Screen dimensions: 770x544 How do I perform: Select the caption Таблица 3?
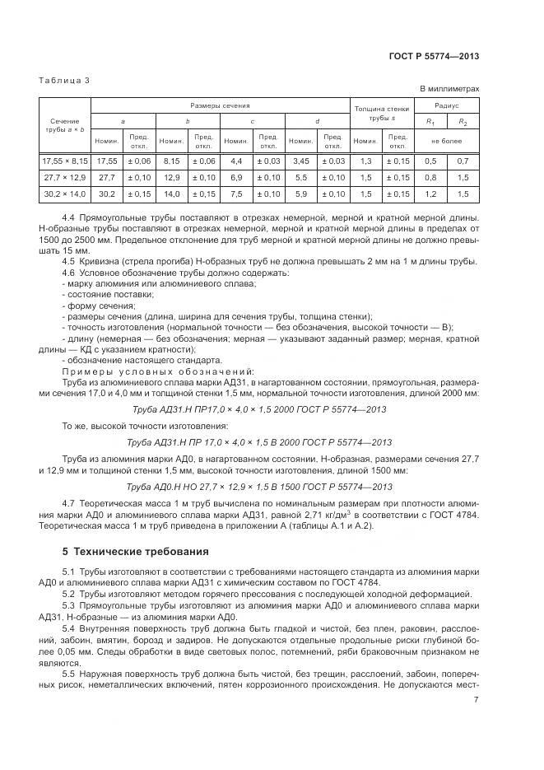(64, 80)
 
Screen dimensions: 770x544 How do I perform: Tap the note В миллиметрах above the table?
(449, 89)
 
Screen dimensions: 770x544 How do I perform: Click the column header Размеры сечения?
(220, 105)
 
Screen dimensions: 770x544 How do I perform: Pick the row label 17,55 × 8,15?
(64, 161)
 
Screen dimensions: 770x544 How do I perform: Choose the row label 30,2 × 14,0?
(64, 194)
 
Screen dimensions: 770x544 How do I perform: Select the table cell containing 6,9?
(235, 177)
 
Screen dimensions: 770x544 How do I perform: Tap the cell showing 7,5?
(235, 194)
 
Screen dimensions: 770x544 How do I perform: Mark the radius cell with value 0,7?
(462, 161)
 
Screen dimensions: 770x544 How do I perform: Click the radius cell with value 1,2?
(429, 194)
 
